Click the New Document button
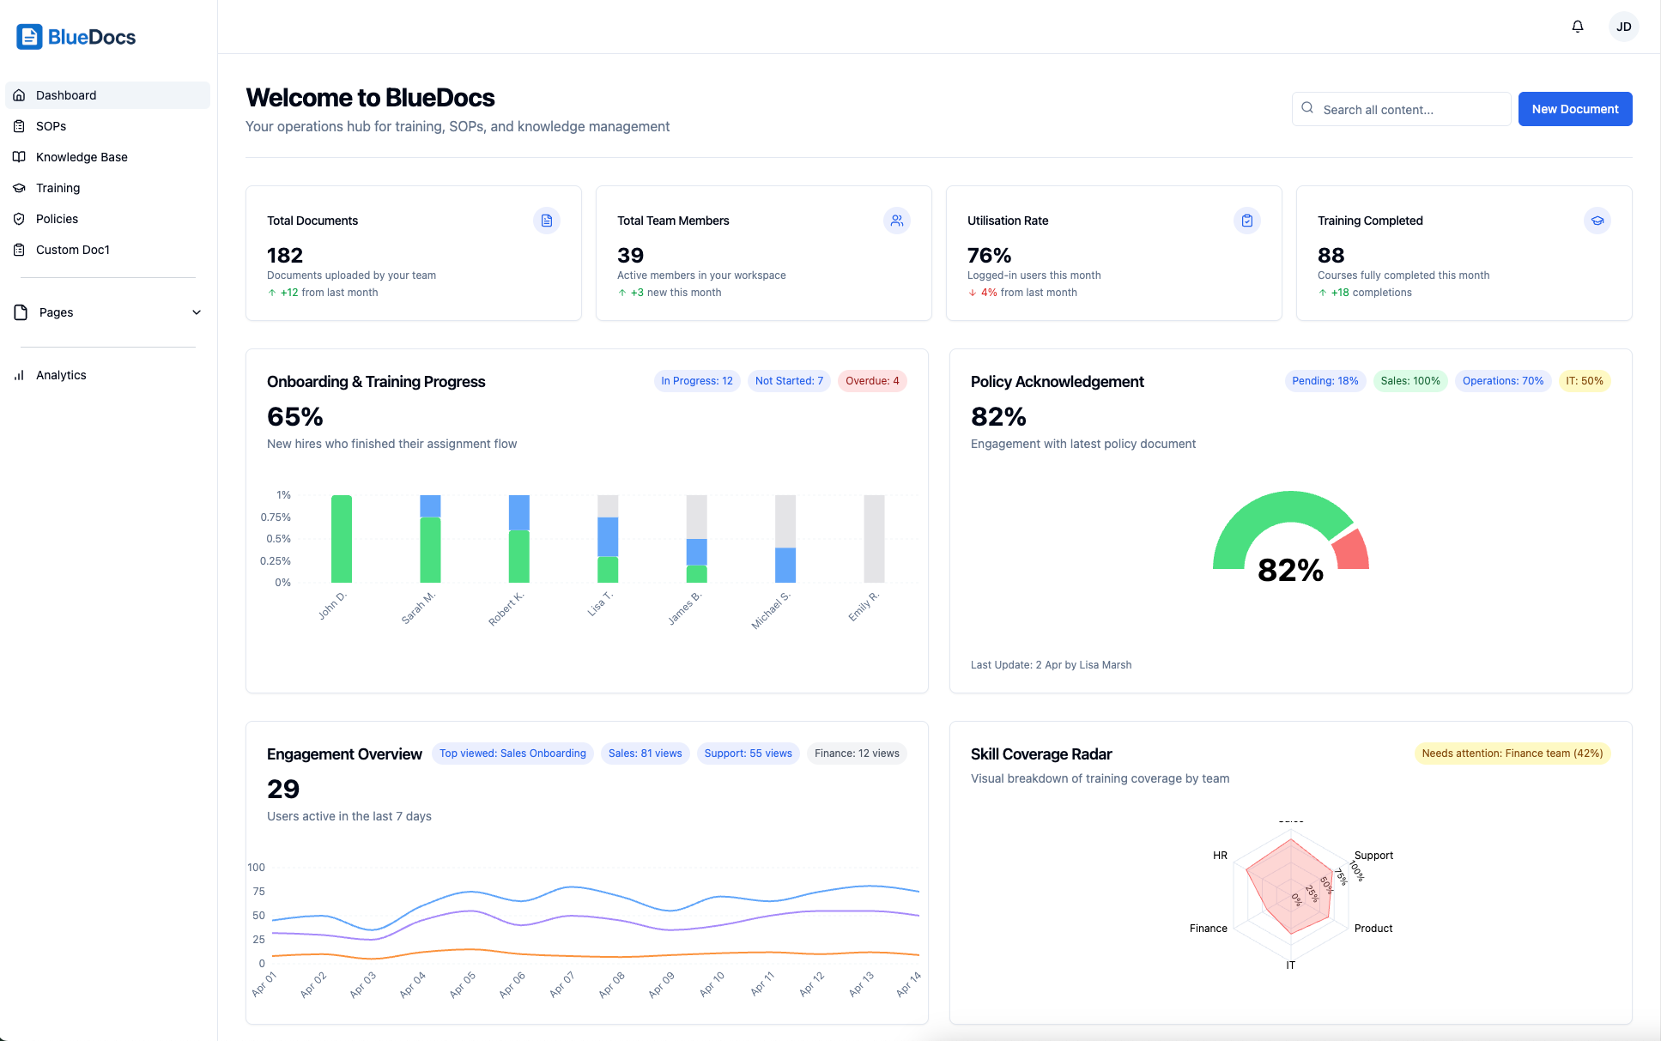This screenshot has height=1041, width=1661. (x=1574, y=109)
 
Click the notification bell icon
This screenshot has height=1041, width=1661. (x=1578, y=27)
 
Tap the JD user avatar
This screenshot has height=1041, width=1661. (x=1623, y=27)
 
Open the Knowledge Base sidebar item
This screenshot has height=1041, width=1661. (x=82, y=157)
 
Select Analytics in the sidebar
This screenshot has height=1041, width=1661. (x=61, y=375)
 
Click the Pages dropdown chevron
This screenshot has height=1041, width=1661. (x=197, y=312)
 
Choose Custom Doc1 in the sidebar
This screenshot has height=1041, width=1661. (x=73, y=250)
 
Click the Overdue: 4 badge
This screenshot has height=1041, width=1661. (x=872, y=381)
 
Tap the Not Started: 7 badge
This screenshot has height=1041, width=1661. (x=789, y=381)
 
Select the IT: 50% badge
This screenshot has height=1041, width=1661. (x=1584, y=381)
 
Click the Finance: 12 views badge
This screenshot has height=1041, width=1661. (x=857, y=754)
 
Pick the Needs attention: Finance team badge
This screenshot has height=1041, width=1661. (x=1512, y=754)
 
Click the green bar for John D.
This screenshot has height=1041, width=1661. (x=342, y=539)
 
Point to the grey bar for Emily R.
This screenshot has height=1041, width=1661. (x=874, y=539)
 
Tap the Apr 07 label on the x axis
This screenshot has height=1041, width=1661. (x=562, y=984)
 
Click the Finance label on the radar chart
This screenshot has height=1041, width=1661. (x=1208, y=929)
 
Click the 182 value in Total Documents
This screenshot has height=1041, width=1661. (x=285, y=256)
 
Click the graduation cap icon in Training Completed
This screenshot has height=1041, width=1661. (x=1597, y=221)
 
